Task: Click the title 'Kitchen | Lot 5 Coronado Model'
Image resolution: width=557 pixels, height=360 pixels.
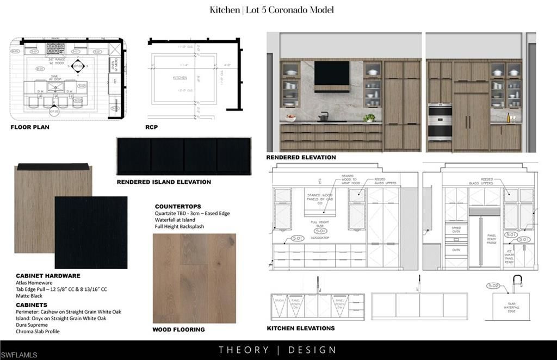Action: coord(271,10)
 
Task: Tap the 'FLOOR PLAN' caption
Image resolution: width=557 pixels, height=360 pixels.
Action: coord(30,127)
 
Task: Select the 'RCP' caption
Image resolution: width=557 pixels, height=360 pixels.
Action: coord(151,127)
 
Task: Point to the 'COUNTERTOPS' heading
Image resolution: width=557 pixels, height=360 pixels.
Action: coord(178,207)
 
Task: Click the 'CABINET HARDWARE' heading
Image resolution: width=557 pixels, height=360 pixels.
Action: coord(48,276)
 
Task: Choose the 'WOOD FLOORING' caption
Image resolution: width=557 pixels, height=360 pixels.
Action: coord(178,330)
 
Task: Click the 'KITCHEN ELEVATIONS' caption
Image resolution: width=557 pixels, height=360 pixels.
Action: coord(300,328)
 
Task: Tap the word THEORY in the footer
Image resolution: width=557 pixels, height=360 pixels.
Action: coord(244,350)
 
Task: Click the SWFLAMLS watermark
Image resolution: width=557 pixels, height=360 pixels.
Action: coord(20,355)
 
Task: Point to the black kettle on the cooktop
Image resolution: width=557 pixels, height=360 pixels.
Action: coord(323,116)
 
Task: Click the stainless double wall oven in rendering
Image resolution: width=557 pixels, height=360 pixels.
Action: coord(440,121)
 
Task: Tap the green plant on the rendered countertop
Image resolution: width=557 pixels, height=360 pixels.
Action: coord(370,117)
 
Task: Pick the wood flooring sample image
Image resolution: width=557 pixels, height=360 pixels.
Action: coord(194,278)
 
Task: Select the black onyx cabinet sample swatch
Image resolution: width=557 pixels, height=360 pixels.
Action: coord(91,232)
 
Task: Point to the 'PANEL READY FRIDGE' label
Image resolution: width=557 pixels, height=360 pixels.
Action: coord(492,240)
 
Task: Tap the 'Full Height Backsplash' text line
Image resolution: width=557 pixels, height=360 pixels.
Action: coord(180,226)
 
